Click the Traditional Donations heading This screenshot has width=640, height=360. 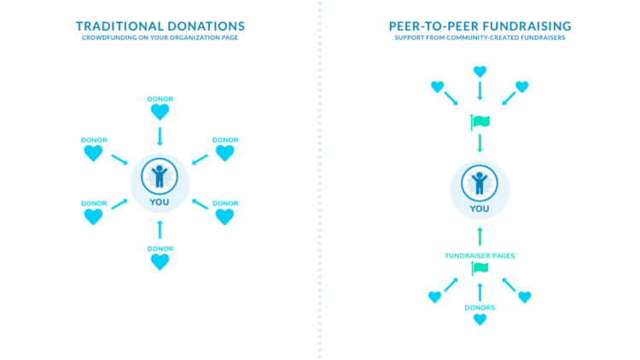tap(160, 26)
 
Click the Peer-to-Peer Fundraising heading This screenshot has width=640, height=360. tap(480, 26)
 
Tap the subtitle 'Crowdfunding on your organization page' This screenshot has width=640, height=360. tap(160, 39)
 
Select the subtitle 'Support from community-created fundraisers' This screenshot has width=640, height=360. tap(480, 39)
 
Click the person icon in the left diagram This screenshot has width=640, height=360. tap(160, 176)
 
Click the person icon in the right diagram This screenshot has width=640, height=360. tap(480, 182)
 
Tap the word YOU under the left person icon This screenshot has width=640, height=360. tap(160, 202)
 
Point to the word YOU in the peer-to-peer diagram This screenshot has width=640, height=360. tap(480, 208)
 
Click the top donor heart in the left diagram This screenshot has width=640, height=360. tap(160, 112)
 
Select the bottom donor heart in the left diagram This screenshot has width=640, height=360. tap(160, 262)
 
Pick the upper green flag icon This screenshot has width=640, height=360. tap(480, 123)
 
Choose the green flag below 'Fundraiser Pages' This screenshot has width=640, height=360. tap(480, 270)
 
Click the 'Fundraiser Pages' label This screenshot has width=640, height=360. tap(480, 256)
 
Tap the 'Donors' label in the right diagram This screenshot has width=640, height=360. tap(480, 306)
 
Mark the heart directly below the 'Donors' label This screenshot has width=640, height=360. tap(480, 320)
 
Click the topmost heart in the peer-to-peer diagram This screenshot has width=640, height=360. tap(480, 72)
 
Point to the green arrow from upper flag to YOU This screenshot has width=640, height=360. tap(480, 143)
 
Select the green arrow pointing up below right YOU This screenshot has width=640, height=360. tap(480, 236)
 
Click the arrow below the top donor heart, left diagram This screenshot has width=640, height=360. tap(160, 136)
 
